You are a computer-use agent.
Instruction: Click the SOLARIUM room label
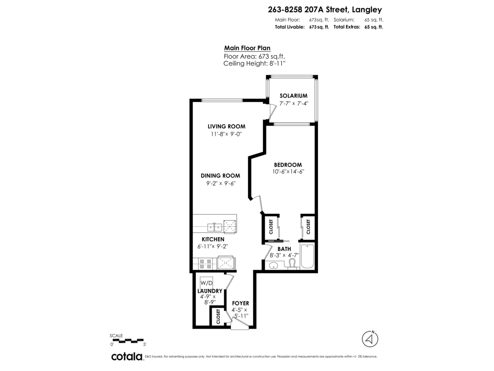(x=291, y=96)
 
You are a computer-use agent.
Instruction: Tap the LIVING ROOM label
(x=226, y=127)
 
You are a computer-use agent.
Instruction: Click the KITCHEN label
(x=213, y=239)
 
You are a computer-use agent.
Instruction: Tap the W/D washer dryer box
(x=207, y=284)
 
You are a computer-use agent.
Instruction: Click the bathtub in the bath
(x=307, y=256)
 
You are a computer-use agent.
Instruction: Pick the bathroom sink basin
(x=273, y=265)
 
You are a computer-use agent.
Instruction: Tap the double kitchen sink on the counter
(x=214, y=226)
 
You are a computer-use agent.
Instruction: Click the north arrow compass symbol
(x=370, y=339)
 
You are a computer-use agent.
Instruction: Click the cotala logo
(x=126, y=357)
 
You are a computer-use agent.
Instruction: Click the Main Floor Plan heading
(x=247, y=48)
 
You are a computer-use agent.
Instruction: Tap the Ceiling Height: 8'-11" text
(x=254, y=63)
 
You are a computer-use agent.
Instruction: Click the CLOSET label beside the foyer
(x=218, y=317)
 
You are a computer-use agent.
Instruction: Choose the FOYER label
(x=240, y=303)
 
